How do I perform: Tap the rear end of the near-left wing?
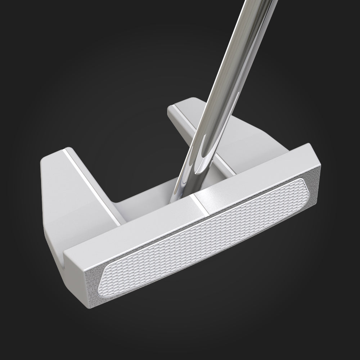54,155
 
